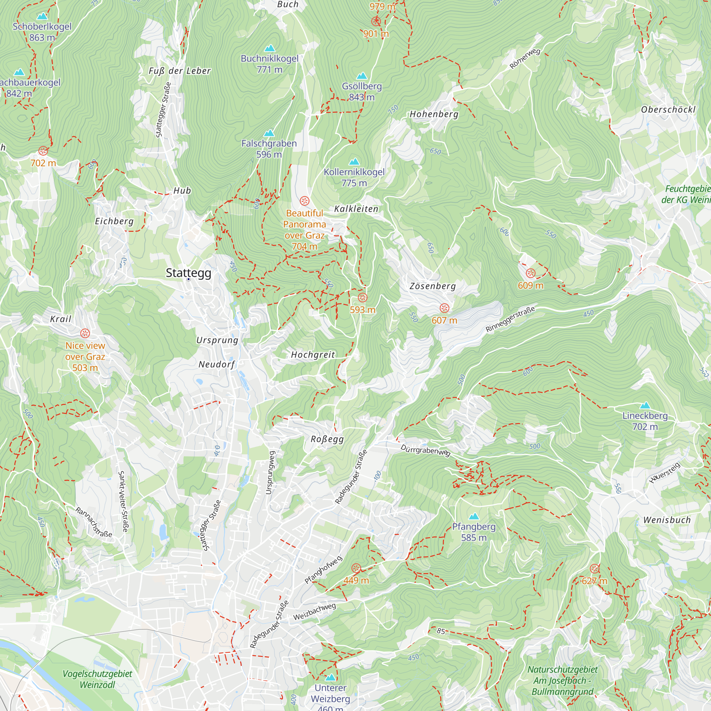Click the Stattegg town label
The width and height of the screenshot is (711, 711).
[x=188, y=273]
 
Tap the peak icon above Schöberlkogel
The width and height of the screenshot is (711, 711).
[x=42, y=16]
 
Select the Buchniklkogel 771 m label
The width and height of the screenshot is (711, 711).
[x=269, y=64]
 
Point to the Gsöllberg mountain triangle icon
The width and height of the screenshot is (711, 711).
[x=362, y=76]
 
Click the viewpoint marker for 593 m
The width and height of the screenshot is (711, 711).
[x=363, y=298]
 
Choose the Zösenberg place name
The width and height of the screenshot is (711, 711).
[x=432, y=286]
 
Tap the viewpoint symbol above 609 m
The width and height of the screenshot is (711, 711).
[x=530, y=273]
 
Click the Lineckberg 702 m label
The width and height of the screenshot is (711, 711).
[x=645, y=421]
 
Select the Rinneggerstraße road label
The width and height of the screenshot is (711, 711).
[x=510, y=319]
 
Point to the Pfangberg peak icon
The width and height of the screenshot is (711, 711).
[x=474, y=516]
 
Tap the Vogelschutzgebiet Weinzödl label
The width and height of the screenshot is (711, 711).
[x=97, y=679]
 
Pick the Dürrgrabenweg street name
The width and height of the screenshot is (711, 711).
[x=425, y=450]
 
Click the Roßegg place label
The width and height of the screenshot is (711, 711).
[x=327, y=439]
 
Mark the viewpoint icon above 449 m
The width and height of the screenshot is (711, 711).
[x=356, y=568]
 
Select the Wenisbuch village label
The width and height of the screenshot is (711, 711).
[x=667, y=520]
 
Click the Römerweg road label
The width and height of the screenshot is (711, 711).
[x=525, y=59]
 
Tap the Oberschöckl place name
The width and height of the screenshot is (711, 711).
[x=668, y=109]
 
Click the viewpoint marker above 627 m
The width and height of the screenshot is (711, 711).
[x=594, y=569]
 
